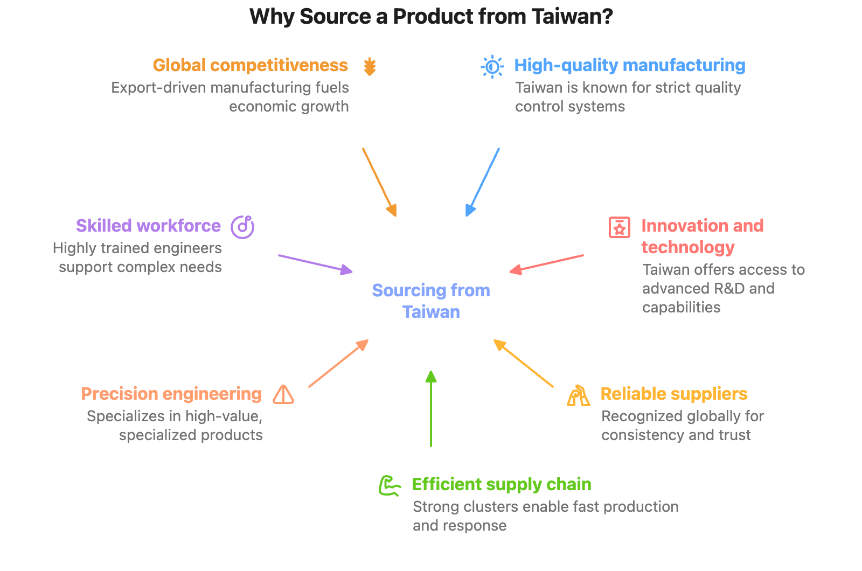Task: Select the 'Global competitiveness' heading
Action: [x=250, y=65]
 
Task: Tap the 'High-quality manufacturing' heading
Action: [x=629, y=65]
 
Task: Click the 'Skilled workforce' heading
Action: [x=148, y=226]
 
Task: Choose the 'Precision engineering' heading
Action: [x=171, y=394]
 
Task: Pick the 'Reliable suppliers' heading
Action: [x=673, y=394]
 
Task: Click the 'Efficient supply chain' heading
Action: [x=501, y=484]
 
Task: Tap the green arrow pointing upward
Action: [x=430, y=409]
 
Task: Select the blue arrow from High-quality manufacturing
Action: [x=483, y=182]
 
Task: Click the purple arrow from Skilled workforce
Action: [x=315, y=263]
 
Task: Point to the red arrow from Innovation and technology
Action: [x=546, y=263]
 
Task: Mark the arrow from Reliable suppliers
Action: [x=523, y=363]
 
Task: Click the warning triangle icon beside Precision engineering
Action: [x=283, y=394]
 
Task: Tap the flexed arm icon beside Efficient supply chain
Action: [x=390, y=485]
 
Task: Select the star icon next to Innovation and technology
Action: [x=619, y=227]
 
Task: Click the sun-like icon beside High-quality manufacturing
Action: [x=492, y=67]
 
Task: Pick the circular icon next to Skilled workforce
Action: [x=242, y=227]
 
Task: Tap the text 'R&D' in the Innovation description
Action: [x=718, y=289]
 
